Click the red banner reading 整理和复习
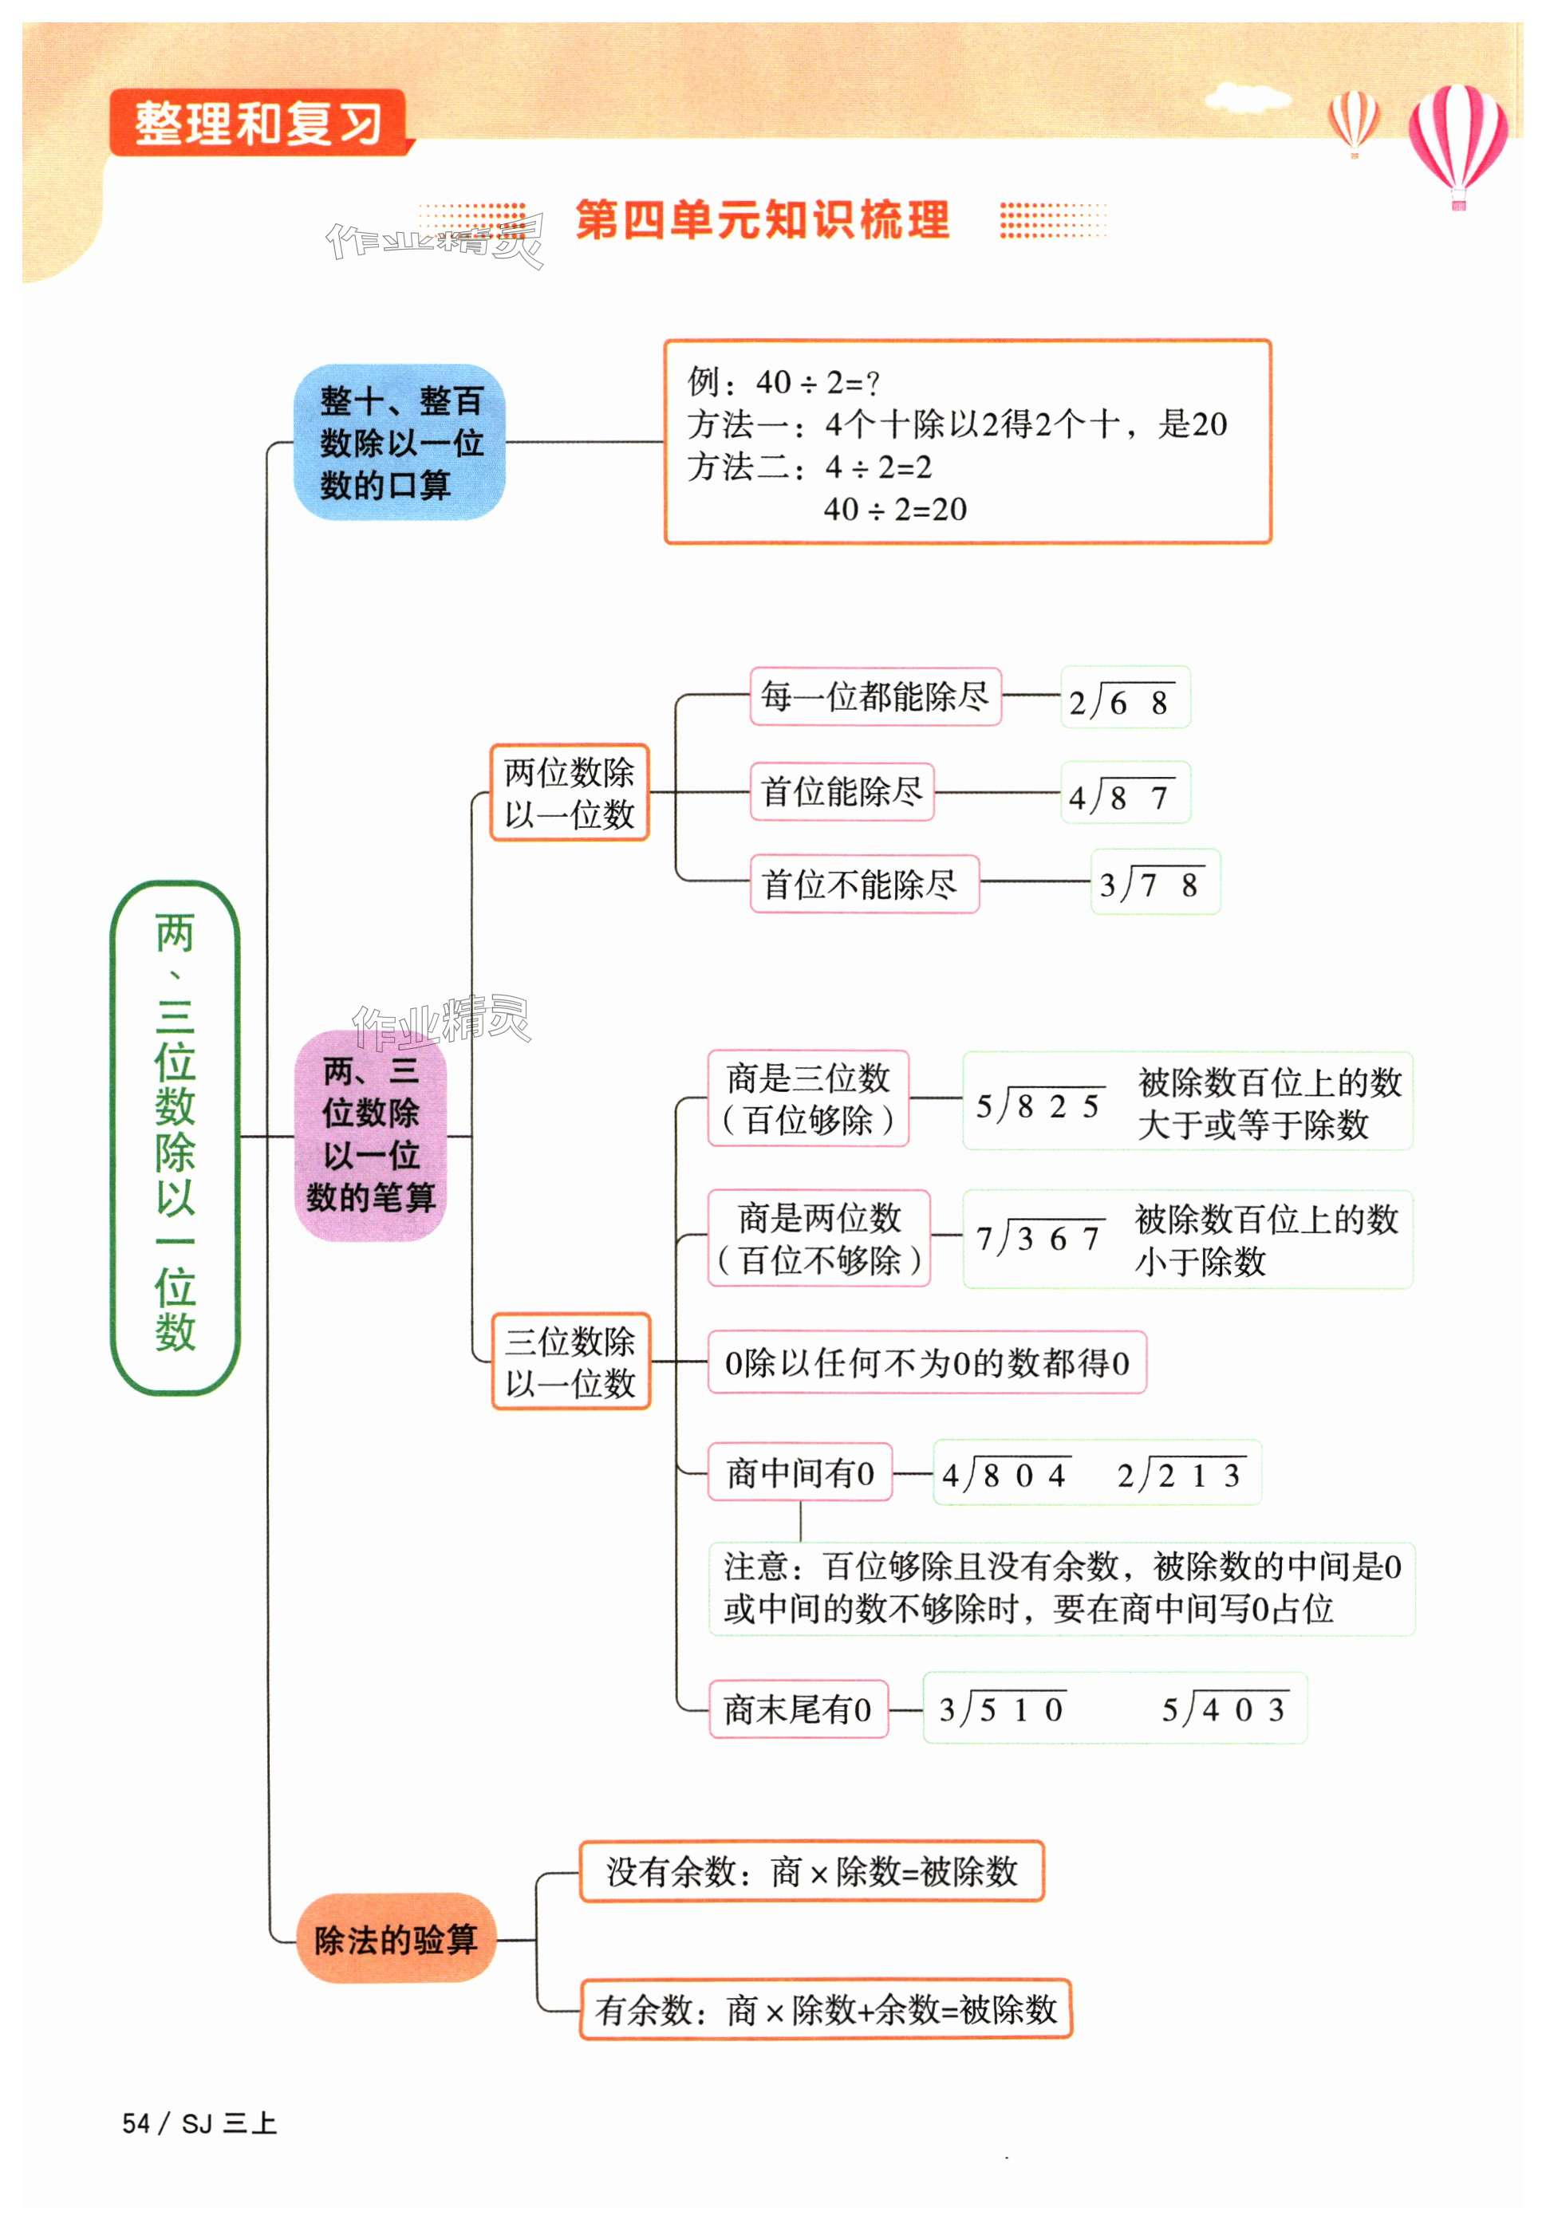coord(258,124)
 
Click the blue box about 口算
coord(399,443)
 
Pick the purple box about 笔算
coord(371,1135)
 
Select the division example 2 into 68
coord(1124,699)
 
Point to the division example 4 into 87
coord(1124,794)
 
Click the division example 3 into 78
coord(1154,882)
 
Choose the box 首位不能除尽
coord(863,884)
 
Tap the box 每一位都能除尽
coord(874,696)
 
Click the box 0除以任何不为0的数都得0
coord(926,1362)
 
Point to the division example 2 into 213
coord(1181,1474)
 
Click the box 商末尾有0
coord(797,1710)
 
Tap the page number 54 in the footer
coord(136,2123)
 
